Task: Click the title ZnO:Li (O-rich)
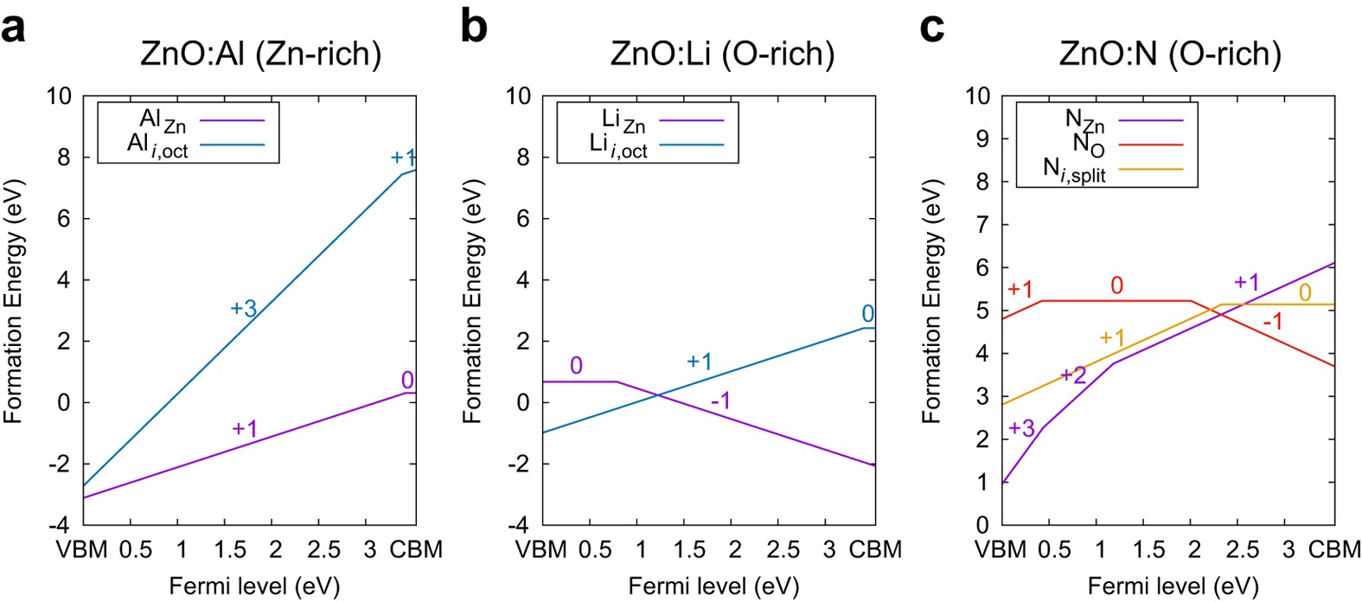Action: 722,54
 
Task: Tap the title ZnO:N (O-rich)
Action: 1170,54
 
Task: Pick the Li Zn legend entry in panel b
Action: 623,121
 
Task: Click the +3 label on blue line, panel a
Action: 243,308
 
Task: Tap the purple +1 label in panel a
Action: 245,428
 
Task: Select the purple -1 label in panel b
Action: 720,400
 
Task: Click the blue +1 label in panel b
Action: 699,362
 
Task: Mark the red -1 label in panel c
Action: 1272,323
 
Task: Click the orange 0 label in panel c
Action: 1305,292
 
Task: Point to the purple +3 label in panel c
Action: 1021,428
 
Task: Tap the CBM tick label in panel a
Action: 416,549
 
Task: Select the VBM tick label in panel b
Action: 542,549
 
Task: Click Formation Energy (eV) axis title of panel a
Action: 14,301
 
